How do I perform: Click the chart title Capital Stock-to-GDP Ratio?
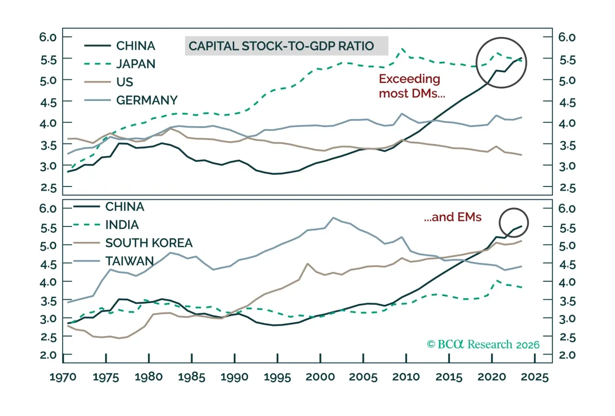[x=281, y=46]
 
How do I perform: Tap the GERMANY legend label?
[x=147, y=100]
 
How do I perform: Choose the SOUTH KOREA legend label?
[x=149, y=243]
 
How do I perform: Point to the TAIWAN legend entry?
[x=130, y=261]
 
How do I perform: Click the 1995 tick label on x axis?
[x=277, y=377]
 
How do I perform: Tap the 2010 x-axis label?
[x=406, y=377]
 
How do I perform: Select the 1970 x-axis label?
[x=63, y=377]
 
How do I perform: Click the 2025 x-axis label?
[x=535, y=377]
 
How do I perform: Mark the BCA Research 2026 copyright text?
[x=483, y=344]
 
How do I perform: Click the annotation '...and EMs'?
[x=453, y=217]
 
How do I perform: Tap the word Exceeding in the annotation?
[x=409, y=79]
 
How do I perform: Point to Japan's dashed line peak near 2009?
[x=402, y=49]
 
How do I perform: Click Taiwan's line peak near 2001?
[x=333, y=218]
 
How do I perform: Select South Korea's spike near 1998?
[x=307, y=264]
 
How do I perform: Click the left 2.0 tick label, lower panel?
[x=48, y=355]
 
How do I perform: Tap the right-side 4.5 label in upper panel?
[x=567, y=103]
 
